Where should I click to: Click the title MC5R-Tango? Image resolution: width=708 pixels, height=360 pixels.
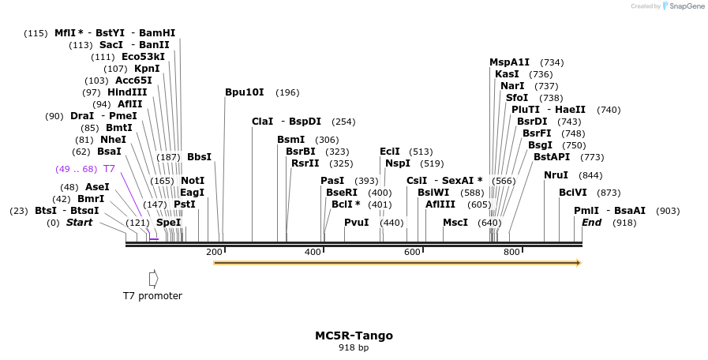pyautogui.click(x=354, y=336)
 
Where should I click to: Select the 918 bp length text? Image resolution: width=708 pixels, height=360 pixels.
pyautogui.click(x=354, y=347)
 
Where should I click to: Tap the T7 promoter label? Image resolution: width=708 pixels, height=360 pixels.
pyautogui.click(x=152, y=296)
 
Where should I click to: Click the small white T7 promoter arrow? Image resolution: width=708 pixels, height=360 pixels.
pyautogui.click(x=153, y=279)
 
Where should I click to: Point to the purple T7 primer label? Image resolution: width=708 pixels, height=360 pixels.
pyautogui.click(x=109, y=169)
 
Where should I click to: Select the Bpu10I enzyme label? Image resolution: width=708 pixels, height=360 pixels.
pyautogui.click(x=245, y=92)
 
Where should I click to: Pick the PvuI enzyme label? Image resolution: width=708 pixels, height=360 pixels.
pyautogui.click(x=356, y=223)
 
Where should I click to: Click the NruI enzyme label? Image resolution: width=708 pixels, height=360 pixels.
pyautogui.click(x=556, y=175)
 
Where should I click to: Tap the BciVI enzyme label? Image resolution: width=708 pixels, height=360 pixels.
pyautogui.click(x=573, y=193)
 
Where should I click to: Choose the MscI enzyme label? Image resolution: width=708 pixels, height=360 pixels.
pyautogui.click(x=455, y=223)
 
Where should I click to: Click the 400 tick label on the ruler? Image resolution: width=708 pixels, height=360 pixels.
pyautogui.click(x=313, y=252)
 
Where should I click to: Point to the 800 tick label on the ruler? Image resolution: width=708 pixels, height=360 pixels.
pyautogui.click(x=511, y=252)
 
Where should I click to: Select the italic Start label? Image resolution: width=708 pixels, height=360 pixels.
pyautogui.click(x=79, y=223)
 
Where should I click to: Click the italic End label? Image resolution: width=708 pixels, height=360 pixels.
pyautogui.click(x=592, y=223)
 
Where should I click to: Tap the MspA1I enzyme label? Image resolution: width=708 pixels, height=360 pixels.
pyautogui.click(x=509, y=62)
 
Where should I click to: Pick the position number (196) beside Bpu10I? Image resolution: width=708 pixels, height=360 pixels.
pyautogui.click(x=287, y=92)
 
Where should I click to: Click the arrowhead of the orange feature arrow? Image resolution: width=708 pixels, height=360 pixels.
pyautogui.click(x=579, y=263)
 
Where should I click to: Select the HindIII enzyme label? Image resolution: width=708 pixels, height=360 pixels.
pyautogui.click(x=127, y=92)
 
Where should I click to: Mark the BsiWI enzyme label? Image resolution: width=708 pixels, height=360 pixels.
pyautogui.click(x=433, y=193)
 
